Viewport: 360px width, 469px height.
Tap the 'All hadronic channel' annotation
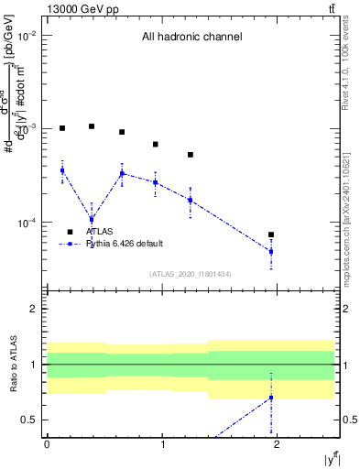tap(191, 38)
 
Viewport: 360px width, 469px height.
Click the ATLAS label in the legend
tap(112, 232)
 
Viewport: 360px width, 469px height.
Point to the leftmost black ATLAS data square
tap(62, 128)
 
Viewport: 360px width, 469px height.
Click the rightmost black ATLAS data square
tap(271, 234)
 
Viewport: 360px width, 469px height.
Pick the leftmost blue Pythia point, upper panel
tap(62, 170)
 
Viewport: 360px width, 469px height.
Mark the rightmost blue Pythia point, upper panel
tap(271, 251)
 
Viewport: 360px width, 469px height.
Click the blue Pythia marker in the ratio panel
tap(271, 398)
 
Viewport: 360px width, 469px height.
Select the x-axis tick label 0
tap(47, 444)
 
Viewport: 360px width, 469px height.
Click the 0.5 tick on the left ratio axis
tap(32, 420)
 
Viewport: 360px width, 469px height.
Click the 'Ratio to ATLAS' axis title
tap(12, 364)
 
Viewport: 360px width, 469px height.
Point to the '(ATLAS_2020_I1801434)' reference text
tap(191, 274)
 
